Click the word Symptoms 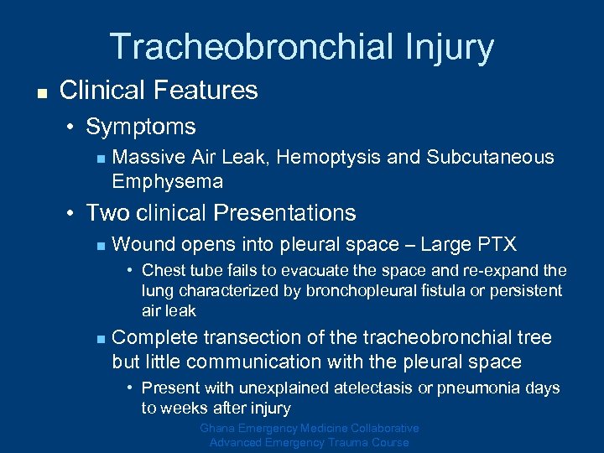141,128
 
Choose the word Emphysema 167,181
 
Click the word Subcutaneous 490,157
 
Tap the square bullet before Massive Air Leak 98,158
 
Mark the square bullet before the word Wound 98,246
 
